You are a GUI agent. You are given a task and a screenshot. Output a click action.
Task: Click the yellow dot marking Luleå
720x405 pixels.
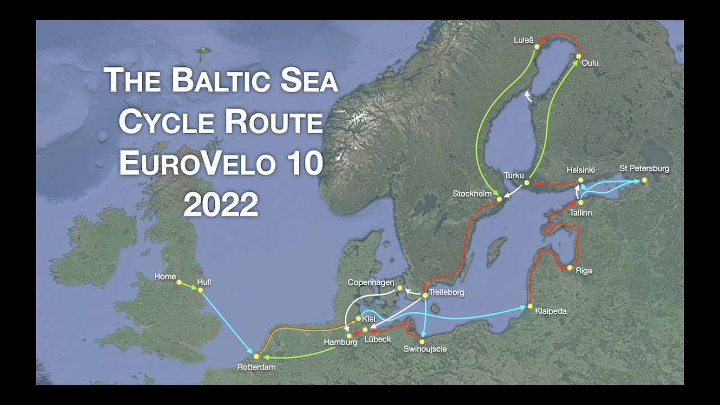[x=537, y=47]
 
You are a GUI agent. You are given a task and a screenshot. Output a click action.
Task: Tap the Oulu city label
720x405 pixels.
[x=590, y=63]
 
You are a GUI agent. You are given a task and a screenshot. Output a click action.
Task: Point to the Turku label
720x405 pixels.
[x=514, y=175]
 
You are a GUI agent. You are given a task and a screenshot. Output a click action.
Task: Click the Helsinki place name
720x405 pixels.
[x=580, y=169]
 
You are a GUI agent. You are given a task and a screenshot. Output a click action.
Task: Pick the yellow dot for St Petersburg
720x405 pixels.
[x=645, y=180]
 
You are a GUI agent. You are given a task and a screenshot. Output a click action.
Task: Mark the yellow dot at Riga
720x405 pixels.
[x=570, y=268]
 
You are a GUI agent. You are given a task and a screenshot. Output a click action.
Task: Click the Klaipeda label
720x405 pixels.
[x=551, y=311]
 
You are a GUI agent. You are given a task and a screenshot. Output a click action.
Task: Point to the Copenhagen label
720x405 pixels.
[x=371, y=282]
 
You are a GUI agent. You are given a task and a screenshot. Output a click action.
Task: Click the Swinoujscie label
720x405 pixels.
[x=425, y=349]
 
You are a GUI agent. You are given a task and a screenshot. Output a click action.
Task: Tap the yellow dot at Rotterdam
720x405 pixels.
[x=256, y=356]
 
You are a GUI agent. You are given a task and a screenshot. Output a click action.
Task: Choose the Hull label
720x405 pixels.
[x=204, y=282]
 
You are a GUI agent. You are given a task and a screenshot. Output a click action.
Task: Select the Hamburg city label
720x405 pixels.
[x=340, y=342]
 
